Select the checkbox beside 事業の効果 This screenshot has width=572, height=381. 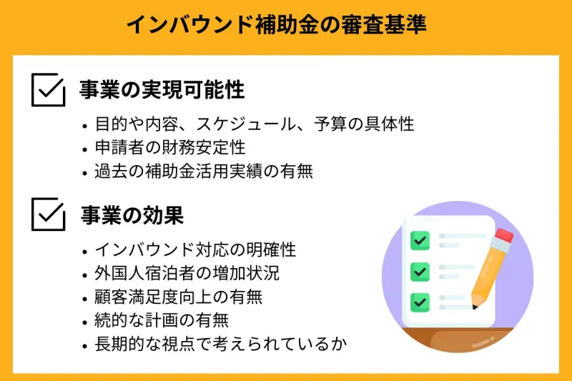(49, 214)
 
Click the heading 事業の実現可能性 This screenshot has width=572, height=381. (162, 90)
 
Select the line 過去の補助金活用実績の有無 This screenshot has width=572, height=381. (204, 172)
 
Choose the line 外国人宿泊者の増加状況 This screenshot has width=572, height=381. (187, 274)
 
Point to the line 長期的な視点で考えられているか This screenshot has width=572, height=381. (221, 344)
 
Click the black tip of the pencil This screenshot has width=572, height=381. (474, 307)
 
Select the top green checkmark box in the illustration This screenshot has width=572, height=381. (419, 239)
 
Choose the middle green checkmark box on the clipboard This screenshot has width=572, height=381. (419, 271)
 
